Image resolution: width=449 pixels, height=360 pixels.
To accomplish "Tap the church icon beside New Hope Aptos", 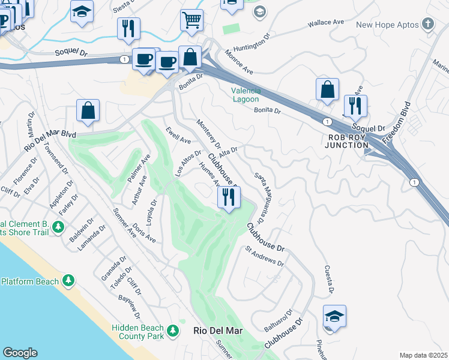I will pos(427,24).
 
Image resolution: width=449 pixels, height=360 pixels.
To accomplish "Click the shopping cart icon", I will pos(191,20).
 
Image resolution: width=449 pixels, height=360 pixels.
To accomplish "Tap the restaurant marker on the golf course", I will pos(228,197).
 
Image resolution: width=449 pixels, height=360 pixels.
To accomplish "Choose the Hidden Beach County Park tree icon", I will pos(173,331).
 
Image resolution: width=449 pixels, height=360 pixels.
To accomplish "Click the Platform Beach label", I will pos(30,281).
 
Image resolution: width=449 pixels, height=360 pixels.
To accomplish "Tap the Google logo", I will pos(20,352).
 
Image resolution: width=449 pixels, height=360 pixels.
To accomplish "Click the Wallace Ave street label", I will pos(325,23).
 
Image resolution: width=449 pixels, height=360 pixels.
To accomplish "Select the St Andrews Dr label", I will pos(264,255).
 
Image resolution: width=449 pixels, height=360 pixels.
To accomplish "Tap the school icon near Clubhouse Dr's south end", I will pos(334,316).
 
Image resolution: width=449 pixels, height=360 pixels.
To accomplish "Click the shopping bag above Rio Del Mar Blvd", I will pos(88,111).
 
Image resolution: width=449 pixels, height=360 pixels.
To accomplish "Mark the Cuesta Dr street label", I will pos(329,280).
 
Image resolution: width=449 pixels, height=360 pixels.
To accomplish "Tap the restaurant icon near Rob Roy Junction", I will pos(355,106).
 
